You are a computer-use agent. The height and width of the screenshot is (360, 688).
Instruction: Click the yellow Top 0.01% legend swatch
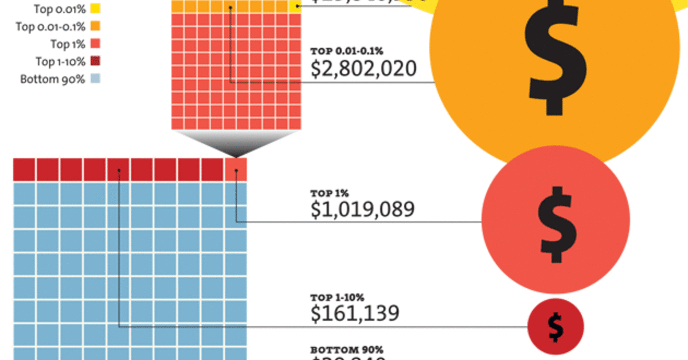tap(95, 8)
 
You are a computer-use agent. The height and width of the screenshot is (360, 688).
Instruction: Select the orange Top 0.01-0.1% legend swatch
tap(95, 26)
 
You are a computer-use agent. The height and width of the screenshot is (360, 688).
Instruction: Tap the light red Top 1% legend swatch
tap(95, 43)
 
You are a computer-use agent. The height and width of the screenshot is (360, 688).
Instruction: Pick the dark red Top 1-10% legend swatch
tap(95, 60)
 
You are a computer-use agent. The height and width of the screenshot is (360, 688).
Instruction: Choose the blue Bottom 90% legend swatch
tap(95, 79)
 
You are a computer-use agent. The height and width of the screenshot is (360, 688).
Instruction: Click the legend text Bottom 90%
tap(53, 79)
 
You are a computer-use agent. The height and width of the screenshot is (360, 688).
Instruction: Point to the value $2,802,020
tap(363, 69)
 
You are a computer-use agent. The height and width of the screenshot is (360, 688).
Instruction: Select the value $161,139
tap(355, 314)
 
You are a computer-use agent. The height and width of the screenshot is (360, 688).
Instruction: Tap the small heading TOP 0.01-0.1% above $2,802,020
tap(343, 50)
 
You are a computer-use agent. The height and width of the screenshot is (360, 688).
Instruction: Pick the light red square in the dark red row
tap(236, 169)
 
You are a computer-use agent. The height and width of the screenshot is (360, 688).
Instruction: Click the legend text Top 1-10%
tap(59, 61)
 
